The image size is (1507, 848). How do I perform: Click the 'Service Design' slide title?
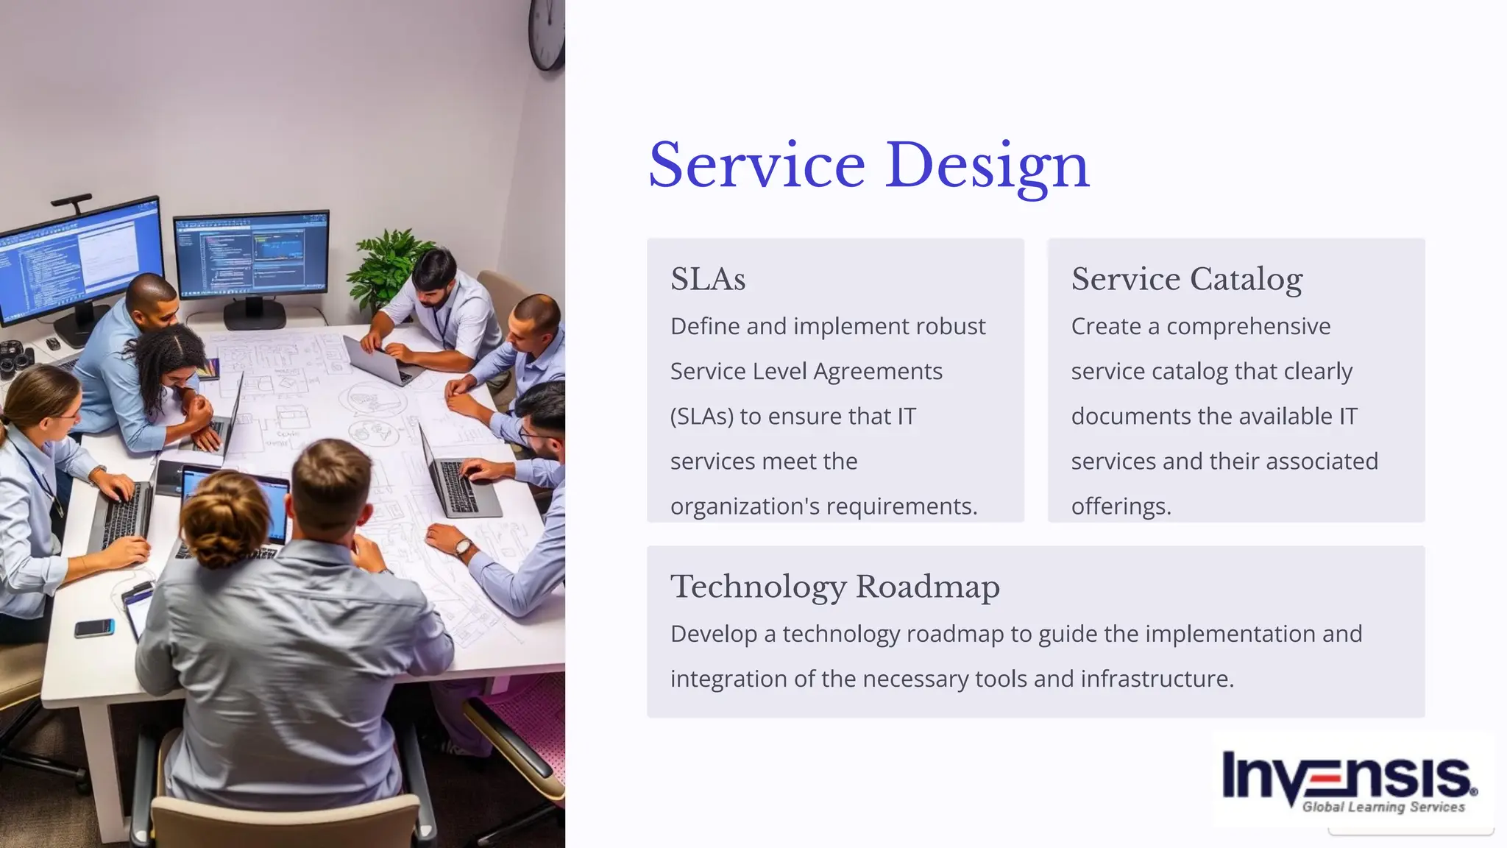pyautogui.click(x=868, y=166)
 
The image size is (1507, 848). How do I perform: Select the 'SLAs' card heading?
pyautogui.click(x=708, y=280)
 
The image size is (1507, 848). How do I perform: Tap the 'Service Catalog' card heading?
pyautogui.click(x=1186, y=280)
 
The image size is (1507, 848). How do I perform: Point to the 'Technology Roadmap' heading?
pyautogui.click(x=834, y=587)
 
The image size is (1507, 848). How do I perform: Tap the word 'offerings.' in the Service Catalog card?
pyautogui.click(x=1121, y=506)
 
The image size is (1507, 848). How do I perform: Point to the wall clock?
pyautogui.click(x=547, y=33)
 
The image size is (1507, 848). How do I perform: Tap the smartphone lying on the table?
pyautogui.click(x=94, y=628)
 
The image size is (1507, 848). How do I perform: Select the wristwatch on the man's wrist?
pyautogui.click(x=463, y=547)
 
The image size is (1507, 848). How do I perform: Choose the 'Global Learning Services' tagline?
pyautogui.click(x=1383, y=807)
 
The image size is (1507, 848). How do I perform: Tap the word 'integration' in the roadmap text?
pyautogui.click(x=728, y=679)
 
